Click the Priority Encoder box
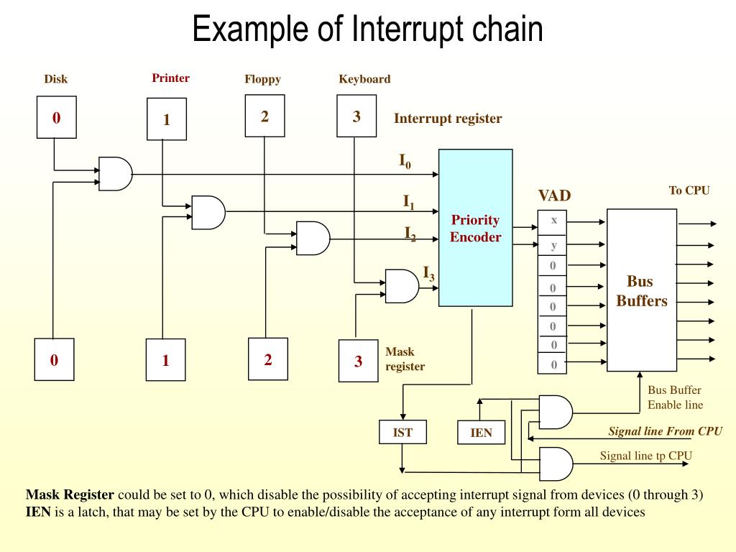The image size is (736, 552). pos(475,228)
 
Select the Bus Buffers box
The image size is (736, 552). pos(641,290)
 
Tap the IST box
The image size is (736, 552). pos(402,432)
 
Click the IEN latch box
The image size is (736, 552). pos(481,433)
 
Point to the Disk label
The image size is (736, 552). pos(55,79)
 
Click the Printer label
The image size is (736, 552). pos(170,78)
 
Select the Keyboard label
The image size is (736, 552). pos(364,79)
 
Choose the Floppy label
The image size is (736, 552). pos(262,79)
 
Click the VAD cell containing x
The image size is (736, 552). pos(553,221)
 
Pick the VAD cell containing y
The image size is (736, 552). pos(553,245)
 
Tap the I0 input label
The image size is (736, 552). pos(405,161)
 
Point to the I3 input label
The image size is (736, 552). pos(428,273)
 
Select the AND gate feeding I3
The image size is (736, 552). pos(401,285)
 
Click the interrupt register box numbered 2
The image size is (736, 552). pos(264,116)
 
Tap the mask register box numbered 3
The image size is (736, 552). pos(358,361)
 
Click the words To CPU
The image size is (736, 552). pos(689,190)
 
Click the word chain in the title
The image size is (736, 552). pos(507,30)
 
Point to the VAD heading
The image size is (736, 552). pos(554,195)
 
